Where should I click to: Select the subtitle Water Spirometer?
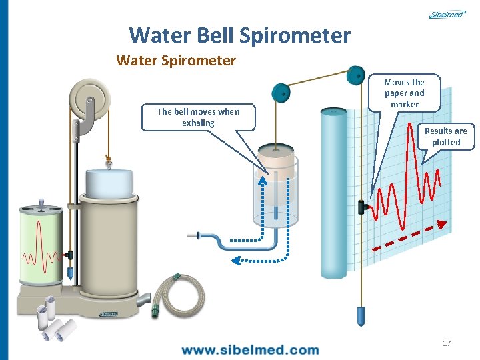click(176, 61)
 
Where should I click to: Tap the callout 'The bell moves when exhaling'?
click(198, 117)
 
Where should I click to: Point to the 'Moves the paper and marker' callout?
click(404, 93)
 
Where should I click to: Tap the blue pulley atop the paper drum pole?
click(357, 74)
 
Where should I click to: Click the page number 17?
click(446, 343)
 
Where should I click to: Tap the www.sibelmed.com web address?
click(250, 349)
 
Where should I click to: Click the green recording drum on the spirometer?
click(42, 241)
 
